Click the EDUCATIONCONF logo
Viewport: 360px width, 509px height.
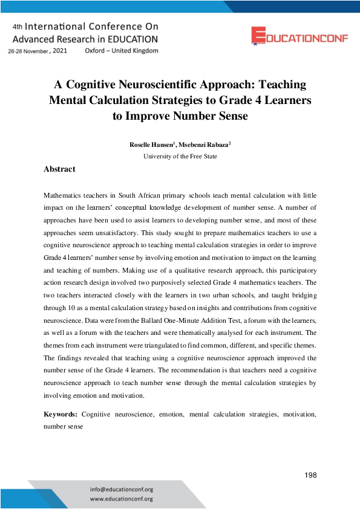[x=300, y=36]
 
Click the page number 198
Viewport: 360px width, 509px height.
[x=311, y=475]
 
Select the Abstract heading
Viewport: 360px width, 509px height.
[x=59, y=169]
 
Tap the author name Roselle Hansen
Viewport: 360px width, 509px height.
[x=151, y=146]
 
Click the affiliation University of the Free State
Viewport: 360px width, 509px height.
[x=180, y=157]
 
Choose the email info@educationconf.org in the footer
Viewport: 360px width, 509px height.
[x=121, y=489]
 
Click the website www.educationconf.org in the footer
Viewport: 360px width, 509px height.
[x=121, y=499]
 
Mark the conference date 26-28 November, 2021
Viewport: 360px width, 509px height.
[x=38, y=51]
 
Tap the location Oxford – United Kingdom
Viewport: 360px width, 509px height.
[x=122, y=51]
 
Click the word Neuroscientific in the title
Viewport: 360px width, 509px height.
[x=160, y=85]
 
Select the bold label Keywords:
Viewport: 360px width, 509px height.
[x=61, y=415]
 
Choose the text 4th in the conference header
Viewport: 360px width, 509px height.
[x=17, y=27]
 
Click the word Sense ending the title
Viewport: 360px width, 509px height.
[x=231, y=116]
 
